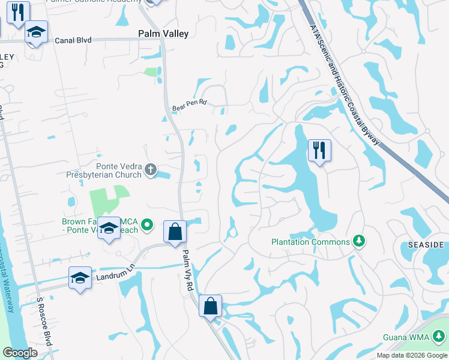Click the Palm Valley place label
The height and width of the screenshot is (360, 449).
tap(163, 34)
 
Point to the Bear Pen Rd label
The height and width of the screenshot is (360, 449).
tap(189, 103)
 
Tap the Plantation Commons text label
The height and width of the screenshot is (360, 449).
tap(310, 242)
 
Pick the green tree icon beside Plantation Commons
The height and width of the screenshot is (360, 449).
tap(359, 241)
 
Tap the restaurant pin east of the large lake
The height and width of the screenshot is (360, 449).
tap(319, 151)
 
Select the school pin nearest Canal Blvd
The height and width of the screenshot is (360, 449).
tap(36, 34)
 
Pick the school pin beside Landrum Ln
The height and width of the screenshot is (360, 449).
tap(80, 278)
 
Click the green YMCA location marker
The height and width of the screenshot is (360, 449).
tap(149, 226)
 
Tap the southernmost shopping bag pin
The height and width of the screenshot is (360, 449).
tap(210, 306)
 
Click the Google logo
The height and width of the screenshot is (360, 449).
tap(20, 352)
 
